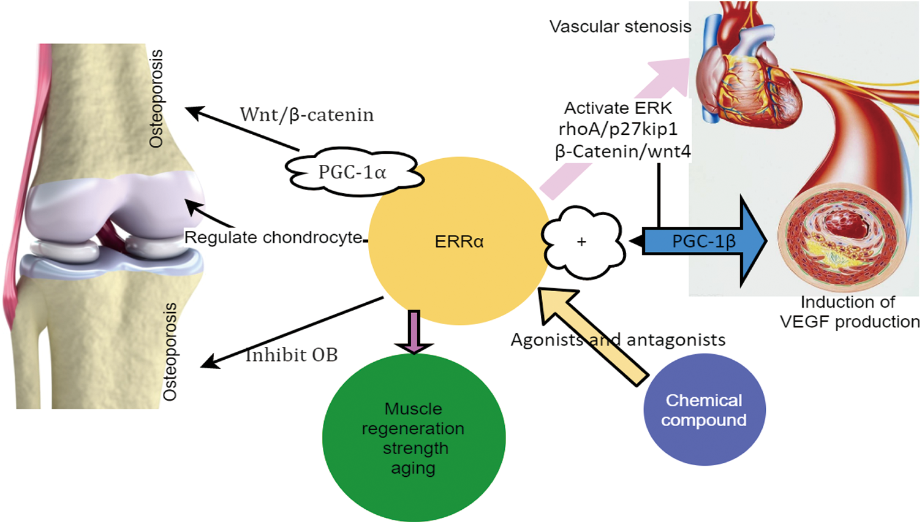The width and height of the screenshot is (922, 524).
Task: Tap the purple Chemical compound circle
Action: tap(704, 409)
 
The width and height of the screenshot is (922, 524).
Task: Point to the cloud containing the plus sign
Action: tap(583, 241)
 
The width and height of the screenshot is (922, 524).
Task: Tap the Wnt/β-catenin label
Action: tap(306, 115)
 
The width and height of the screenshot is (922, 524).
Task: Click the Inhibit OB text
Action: tap(292, 355)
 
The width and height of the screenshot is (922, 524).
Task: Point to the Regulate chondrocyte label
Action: tap(273, 237)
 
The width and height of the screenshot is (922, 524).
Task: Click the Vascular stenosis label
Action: tap(620, 26)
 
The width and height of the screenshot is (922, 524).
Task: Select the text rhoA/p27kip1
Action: tap(618, 129)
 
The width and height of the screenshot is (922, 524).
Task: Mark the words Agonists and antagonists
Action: tap(618, 340)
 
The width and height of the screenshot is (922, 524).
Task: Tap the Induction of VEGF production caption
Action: tap(848, 312)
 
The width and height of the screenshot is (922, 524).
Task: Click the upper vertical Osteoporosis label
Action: tap(157, 98)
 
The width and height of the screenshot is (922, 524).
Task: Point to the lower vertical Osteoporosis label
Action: tap(170, 352)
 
